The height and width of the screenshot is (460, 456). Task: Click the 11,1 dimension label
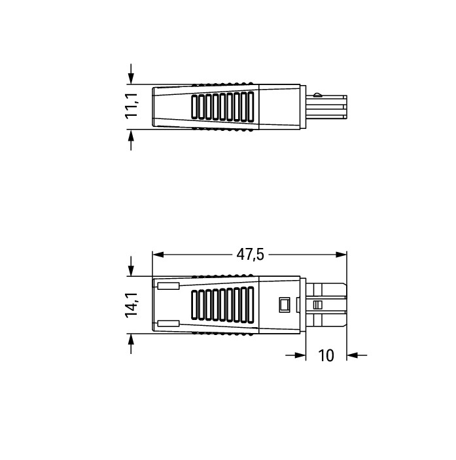(132, 106)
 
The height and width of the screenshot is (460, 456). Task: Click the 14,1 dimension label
(132, 305)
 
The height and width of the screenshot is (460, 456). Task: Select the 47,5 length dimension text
(250, 255)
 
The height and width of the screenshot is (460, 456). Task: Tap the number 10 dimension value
(326, 355)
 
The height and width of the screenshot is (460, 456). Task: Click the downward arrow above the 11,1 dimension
(131, 74)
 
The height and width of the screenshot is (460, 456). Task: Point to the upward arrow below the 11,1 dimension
(131, 140)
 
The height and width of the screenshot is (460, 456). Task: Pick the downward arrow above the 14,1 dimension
(131, 266)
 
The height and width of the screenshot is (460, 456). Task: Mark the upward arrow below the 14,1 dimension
(131, 344)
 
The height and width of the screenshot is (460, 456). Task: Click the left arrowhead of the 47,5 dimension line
(158, 255)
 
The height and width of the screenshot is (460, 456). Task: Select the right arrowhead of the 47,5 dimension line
(341, 255)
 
